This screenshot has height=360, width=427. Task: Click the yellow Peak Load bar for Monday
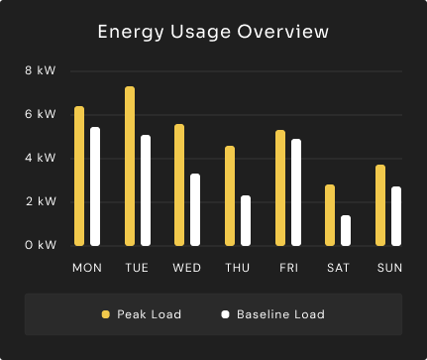pos(79,176)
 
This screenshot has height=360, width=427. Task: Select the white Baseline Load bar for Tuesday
pos(146,190)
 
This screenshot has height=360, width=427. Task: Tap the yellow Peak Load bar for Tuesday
pos(130,166)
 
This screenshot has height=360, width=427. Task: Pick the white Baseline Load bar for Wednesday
pos(195,209)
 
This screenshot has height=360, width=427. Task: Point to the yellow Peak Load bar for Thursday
pos(230,195)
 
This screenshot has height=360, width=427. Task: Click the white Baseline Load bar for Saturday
pos(346,230)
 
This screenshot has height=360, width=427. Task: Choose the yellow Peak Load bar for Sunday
pos(380,205)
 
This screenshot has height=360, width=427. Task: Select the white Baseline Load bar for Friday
pos(296,192)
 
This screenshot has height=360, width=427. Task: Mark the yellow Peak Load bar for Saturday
pos(330,215)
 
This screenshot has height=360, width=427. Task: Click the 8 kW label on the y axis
pos(41,70)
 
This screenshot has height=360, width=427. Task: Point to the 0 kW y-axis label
pos(41,245)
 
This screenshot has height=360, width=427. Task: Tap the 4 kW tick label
pos(41,158)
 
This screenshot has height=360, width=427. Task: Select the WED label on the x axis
pos(187,268)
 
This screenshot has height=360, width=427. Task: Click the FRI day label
pos(288,268)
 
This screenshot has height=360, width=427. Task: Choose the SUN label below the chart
pos(389,268)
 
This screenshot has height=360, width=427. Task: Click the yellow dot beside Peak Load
pos(106,314)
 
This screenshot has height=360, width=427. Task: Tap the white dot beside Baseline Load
pos(225,314)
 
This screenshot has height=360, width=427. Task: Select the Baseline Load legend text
pos(280,314)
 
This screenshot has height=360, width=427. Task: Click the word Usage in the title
pos(200,32)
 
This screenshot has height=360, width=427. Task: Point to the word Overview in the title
pos(283,32)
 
